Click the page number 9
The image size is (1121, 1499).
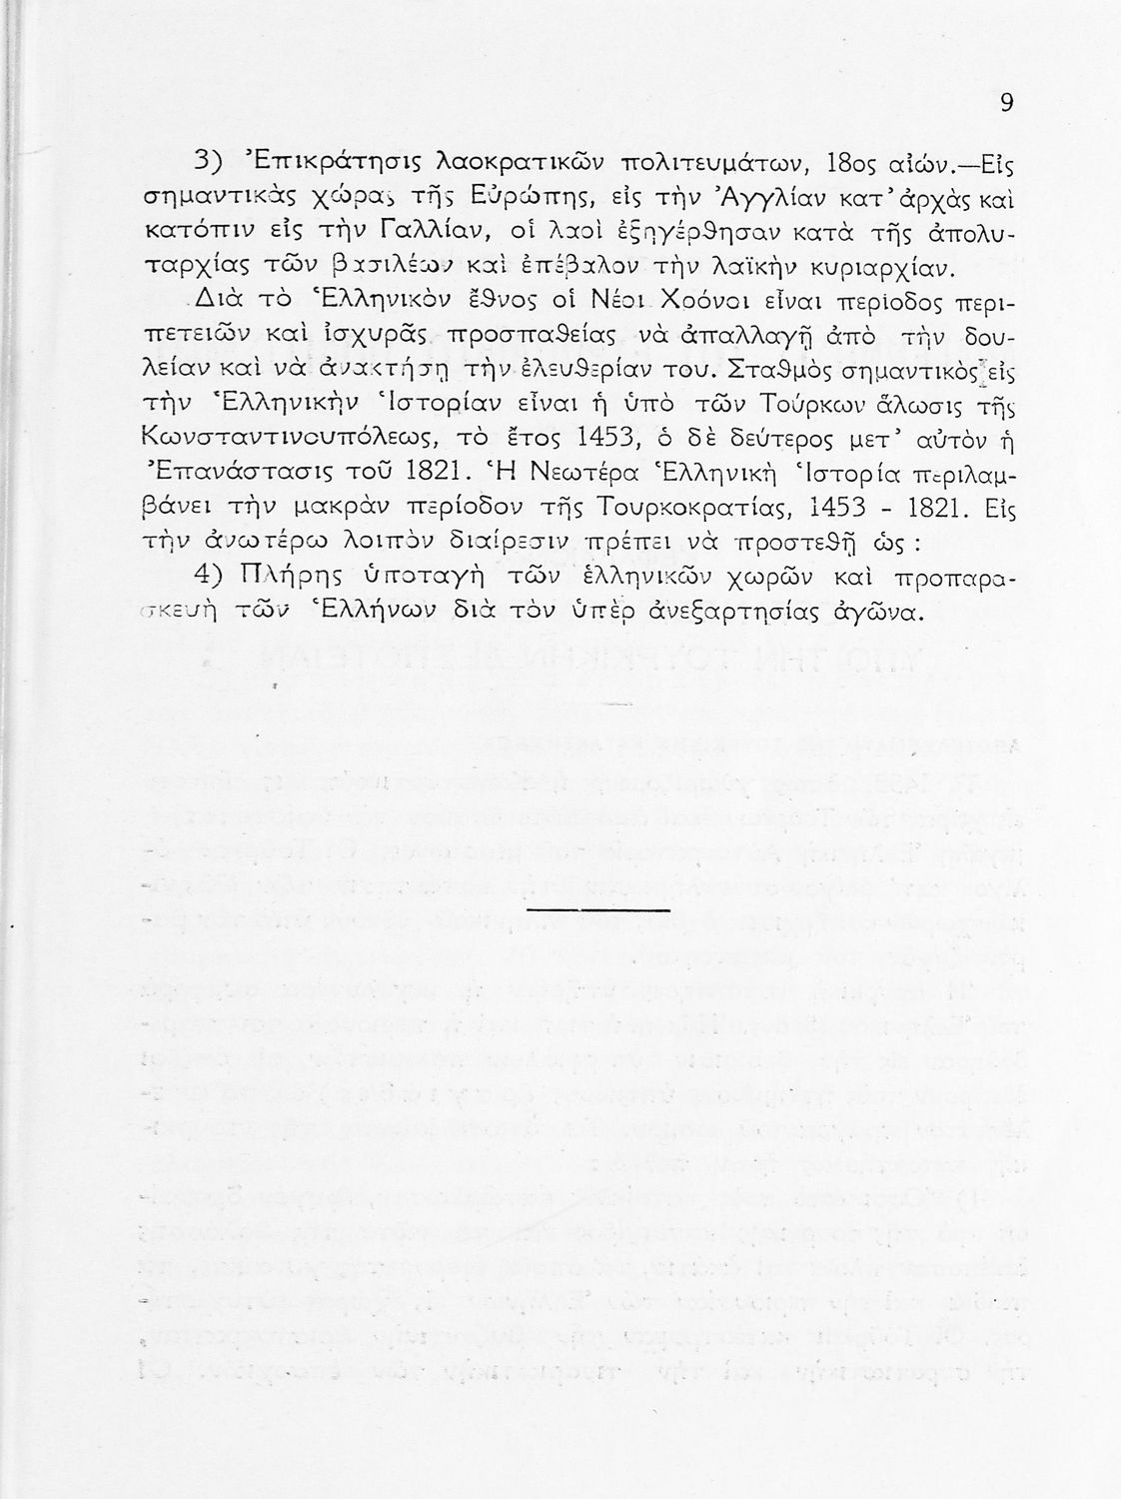(x=1007, y=103)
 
